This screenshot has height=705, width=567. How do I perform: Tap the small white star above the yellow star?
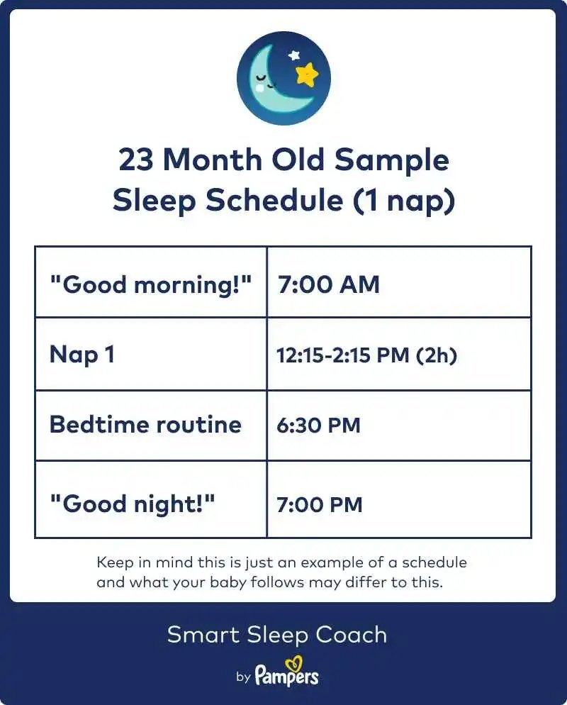click(294, 55)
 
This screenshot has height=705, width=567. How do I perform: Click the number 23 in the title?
click(135, 160)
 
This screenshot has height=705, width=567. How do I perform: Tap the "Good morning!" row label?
click(150, 284)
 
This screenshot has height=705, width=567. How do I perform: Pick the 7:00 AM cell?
click(328, 284)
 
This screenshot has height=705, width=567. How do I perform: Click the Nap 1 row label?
click(82, 355)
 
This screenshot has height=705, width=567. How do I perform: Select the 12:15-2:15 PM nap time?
click(343, 355)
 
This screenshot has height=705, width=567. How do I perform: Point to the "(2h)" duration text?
click(437, 355)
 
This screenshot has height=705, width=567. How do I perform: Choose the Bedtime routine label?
click(145, 424)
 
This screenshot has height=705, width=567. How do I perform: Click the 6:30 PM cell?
click(318, 426)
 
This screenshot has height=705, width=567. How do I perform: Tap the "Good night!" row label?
click(133, 504)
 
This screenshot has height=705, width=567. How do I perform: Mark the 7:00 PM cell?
click(320, 504)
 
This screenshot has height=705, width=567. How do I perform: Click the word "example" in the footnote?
click(332, 563)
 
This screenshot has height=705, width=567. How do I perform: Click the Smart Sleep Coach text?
click(276, 635)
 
